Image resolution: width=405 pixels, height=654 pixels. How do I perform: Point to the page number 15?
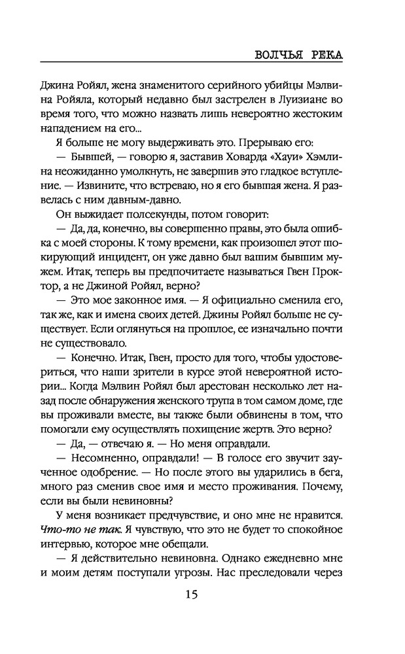tap(202, 594)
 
